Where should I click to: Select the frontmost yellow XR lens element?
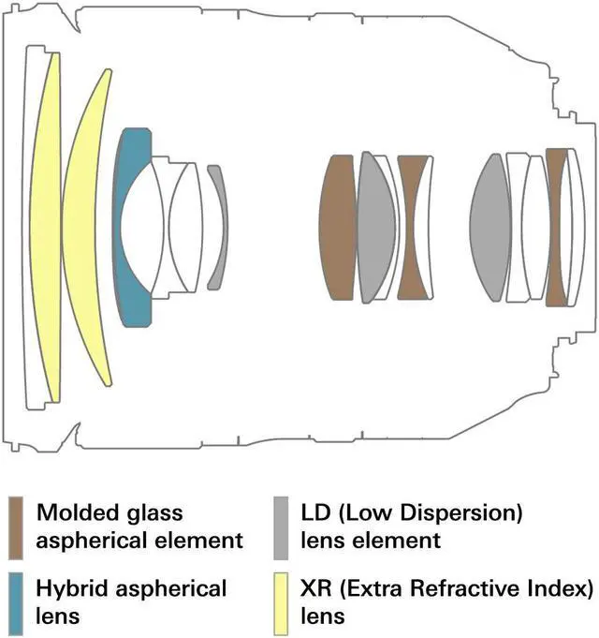44,228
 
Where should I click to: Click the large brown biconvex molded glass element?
338,228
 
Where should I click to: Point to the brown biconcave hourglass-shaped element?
412,228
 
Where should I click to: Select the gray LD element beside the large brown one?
376,228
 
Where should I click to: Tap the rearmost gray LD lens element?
489,228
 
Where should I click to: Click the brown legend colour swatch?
16,527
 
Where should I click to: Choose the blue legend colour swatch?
16,603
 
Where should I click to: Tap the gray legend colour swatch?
281,527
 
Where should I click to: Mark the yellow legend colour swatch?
281,603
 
